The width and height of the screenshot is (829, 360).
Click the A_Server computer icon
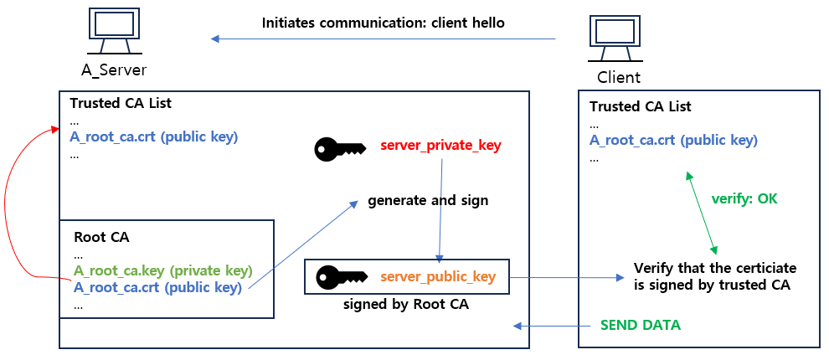pos(111,31)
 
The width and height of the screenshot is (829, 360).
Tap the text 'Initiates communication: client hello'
pos(383,23)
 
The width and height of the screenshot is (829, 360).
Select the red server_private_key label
pos(440,146)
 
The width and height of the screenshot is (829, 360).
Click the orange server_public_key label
pos(438,276)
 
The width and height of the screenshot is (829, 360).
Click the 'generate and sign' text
pos(428,201)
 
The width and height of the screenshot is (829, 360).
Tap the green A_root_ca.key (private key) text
pos(162,270)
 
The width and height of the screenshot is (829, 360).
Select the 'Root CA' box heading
pos(101,237)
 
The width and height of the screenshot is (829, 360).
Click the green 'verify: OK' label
pos(744,198)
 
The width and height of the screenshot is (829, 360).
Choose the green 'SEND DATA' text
pos(640,325)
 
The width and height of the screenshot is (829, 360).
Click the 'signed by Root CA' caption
pos(405,305)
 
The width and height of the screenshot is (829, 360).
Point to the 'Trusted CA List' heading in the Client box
pos(640,107)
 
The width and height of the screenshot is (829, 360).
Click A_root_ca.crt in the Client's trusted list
pos(673,140)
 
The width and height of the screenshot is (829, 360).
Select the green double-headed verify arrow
pos(701,213)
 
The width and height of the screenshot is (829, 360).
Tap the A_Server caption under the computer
pos(113,69)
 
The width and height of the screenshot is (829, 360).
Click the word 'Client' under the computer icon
pos(618,78)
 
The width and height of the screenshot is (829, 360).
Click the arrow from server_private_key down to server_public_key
pos(440,209)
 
